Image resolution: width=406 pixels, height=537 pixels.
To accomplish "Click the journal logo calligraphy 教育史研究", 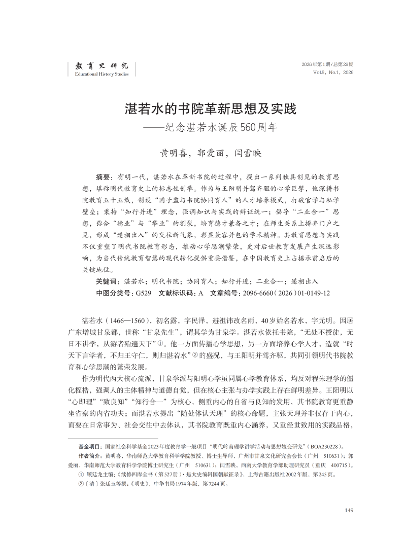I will pos(101,65).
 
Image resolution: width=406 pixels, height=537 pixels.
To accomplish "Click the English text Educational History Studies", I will pos(101,74).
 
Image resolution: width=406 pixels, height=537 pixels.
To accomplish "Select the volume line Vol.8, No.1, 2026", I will pos(334,73).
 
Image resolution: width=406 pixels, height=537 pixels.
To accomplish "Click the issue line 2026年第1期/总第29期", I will pos(327,64).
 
